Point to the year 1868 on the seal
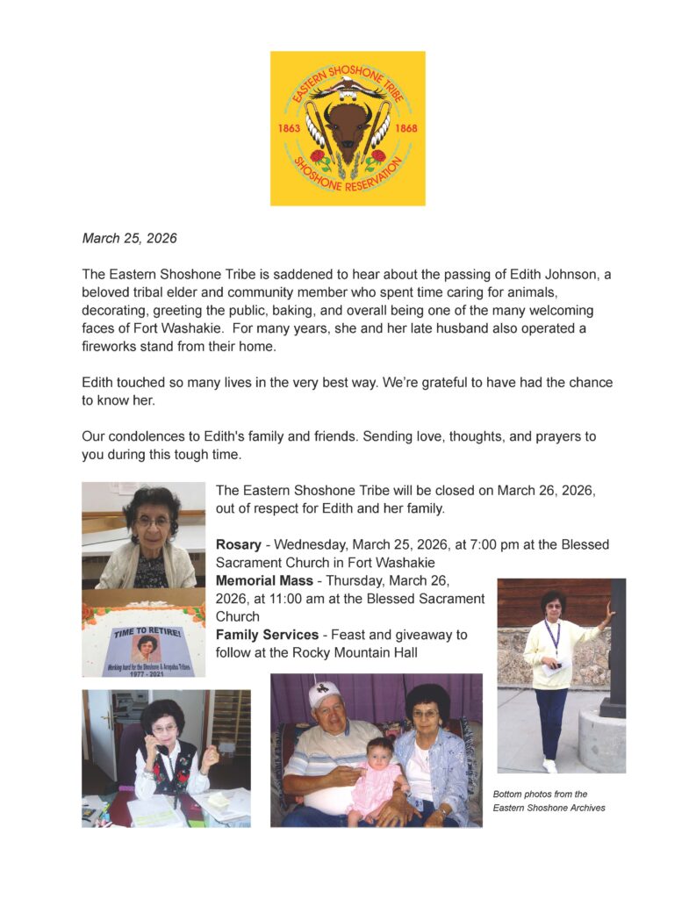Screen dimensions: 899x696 click(x=406, y=128)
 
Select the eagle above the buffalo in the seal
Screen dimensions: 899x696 click(x=348, y=87)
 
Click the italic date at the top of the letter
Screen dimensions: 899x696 click(x=129, y=238)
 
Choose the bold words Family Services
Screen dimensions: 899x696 click(x=268, y=634)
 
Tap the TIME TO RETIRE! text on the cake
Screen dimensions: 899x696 click(x=147, y=630)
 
